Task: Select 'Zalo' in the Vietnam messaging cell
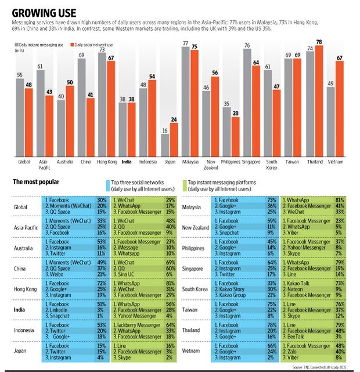coord(294,351)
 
